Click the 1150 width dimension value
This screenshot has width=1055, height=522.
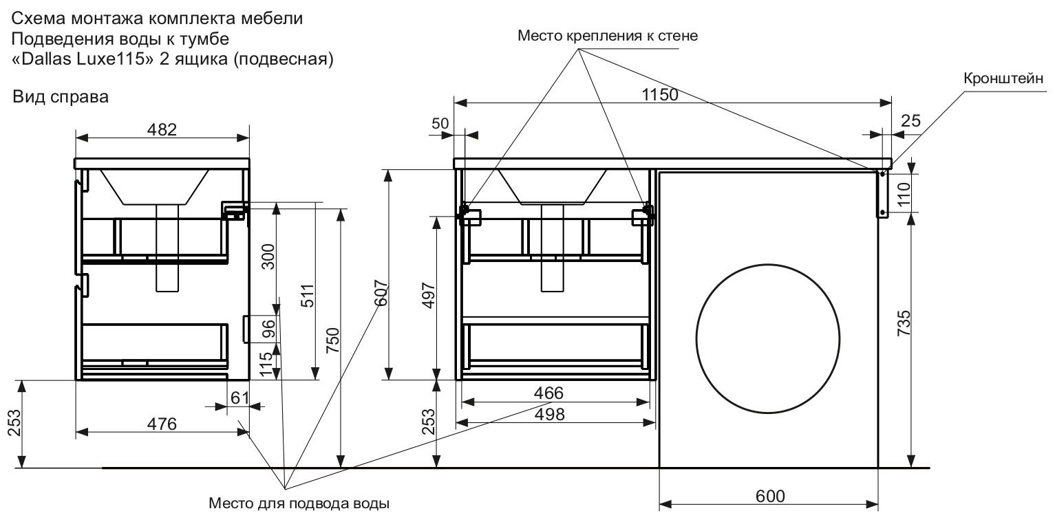pyautogui.click(x=660, y=95)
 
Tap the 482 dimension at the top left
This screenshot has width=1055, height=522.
pyautogui.click(x=162, y=129)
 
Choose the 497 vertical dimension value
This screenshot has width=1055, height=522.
pyautogui.click(x=427, y=296)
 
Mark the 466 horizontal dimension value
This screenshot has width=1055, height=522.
pyautogui.click(x=549, y=393)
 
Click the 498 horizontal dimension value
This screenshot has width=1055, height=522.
pyautogui.click(x=549, y=414)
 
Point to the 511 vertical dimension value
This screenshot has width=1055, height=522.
pyautogui.click(x=308, y=296)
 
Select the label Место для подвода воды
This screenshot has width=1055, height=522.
pyautogui.click(x=299, y=503)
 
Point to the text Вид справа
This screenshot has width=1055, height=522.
pyautogui.click(x=61, y=97)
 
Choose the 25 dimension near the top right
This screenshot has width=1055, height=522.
pyautogui.click(x=910, y=122)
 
